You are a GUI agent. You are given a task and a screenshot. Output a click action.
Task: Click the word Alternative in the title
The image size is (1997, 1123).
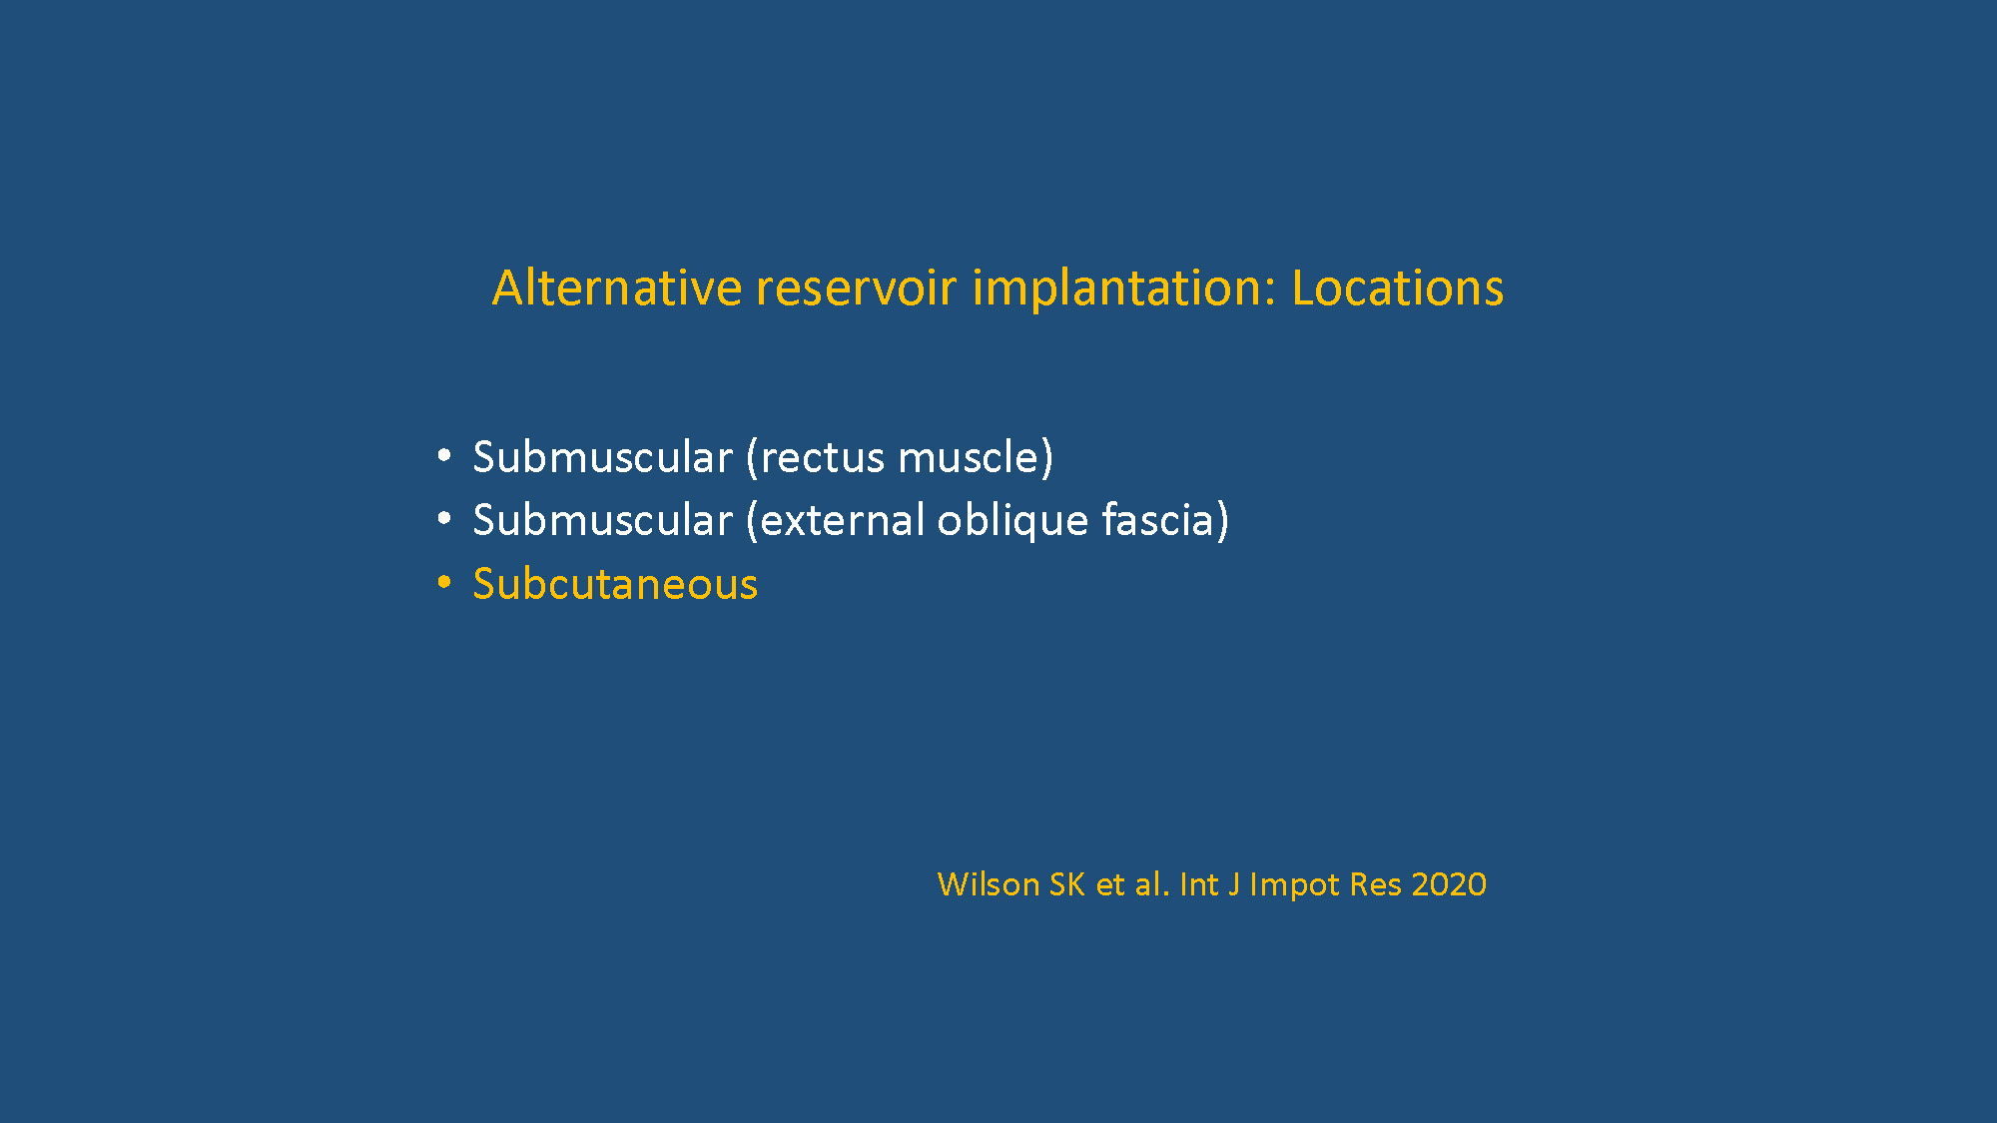pos(617,287)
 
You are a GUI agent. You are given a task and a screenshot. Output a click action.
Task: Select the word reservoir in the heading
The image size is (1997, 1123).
pos(856,287)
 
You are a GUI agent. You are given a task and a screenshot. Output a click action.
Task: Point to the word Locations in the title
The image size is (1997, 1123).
pos(1397,287)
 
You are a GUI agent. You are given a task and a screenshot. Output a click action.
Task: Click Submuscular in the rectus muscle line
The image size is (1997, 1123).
pos(603,457)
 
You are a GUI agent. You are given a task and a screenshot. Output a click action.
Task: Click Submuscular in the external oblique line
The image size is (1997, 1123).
pos(603,520)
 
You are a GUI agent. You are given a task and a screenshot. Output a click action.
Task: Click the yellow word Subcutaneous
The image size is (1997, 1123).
pos(615,584)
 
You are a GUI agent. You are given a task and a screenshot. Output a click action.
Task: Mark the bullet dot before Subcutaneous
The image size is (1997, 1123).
pos(444,582)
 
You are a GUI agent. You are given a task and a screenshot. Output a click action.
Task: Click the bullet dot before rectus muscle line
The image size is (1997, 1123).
pos(444,456)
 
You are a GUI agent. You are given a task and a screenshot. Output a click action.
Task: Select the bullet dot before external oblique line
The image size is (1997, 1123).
pos(444,519)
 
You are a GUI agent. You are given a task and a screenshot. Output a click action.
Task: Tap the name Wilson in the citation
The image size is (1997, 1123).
pos(989,884)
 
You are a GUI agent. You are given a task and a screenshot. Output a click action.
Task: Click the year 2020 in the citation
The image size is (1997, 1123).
pos(1449,884)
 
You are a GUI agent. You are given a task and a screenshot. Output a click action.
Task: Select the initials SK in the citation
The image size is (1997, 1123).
pos(1067,884)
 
